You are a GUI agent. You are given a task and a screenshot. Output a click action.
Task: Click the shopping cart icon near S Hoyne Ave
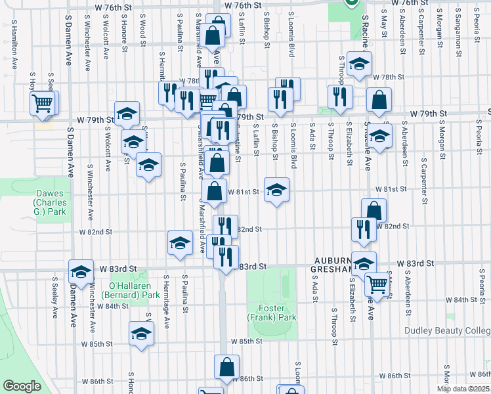(x=43, y=102)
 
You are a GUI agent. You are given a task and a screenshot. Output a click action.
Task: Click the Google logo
(x=22, y=386)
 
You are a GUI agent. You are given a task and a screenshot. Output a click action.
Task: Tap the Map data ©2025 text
(x=463, y=389)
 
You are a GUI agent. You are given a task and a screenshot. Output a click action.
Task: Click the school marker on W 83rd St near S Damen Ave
(x=81, y=271)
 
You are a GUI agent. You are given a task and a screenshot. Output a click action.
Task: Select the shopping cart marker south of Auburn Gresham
(x=377, y=284)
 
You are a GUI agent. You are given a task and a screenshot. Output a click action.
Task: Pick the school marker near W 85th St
(x=141, y=333)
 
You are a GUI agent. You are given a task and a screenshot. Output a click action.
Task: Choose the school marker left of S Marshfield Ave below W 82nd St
(x=179, y=242)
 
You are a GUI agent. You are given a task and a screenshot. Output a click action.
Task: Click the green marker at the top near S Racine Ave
(x=351, y=3)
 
